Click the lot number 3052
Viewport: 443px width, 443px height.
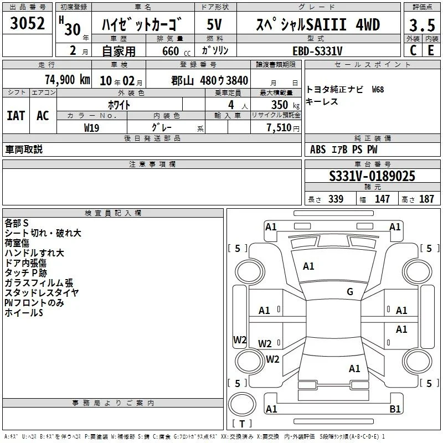27,23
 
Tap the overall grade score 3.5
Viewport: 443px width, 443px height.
422,25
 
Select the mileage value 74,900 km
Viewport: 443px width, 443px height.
68,80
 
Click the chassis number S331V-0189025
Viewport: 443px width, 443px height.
372,176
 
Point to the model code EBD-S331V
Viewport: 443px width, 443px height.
317,51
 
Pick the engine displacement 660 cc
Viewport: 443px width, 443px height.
176,51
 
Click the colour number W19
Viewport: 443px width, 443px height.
91,128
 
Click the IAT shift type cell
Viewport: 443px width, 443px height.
16,116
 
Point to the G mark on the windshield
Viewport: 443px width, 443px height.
350,291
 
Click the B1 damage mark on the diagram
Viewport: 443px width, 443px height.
395,409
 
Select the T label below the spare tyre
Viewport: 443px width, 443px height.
242,424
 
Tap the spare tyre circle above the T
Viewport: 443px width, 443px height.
242,404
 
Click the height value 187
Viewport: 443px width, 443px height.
426,199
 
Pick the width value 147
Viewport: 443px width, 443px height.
382,199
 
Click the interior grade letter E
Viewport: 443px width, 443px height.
431,50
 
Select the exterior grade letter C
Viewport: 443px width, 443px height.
413,50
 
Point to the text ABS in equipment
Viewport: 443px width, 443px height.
318,150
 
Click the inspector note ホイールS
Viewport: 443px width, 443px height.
24,312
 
